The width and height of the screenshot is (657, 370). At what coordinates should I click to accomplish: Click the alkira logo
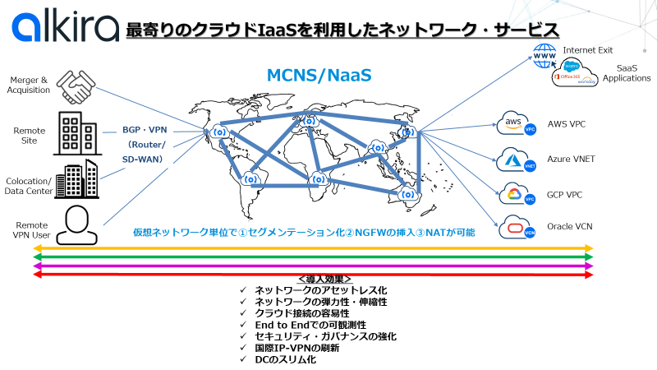pos(65,28)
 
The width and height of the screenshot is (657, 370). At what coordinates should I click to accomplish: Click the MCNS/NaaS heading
pos(319,76)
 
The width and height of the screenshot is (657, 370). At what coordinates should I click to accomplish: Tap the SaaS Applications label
pos(627,73)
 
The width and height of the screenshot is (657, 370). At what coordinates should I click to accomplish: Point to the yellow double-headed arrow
pos(312,247)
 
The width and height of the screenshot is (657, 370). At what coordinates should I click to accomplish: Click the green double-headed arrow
pos(312,257)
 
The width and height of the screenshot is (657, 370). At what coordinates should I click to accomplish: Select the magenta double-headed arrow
pos(312,266)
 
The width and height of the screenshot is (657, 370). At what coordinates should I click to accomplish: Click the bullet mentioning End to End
pos(306,325)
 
